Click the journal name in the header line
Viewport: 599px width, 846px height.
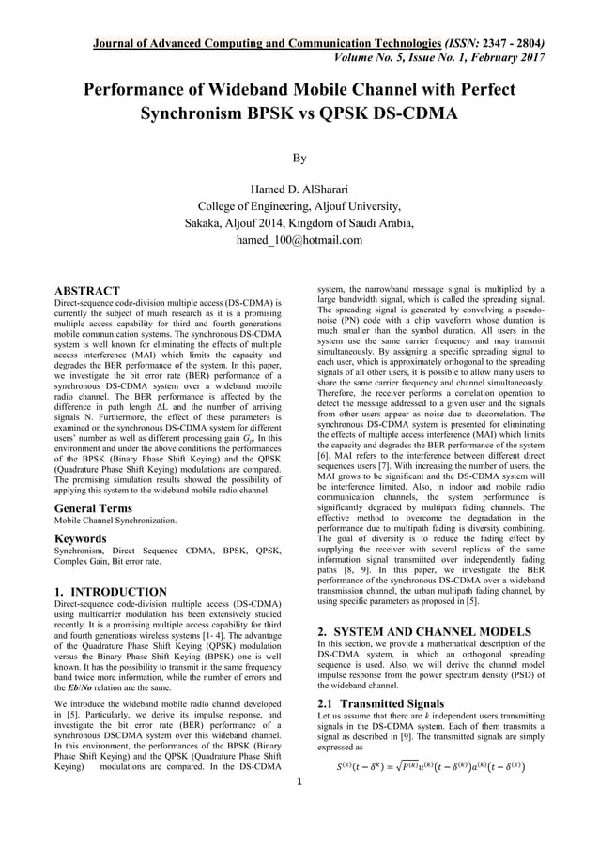click(x=267, y=43)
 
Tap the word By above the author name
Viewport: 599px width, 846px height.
click(x=299, y=159)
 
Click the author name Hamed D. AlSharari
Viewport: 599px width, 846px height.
click(x=299, y=191)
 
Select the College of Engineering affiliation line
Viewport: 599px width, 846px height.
click(x=299, y=207)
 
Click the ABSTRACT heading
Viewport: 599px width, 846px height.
click(x=86, y=291)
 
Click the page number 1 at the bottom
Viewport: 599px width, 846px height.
click(x=299, y=808)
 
